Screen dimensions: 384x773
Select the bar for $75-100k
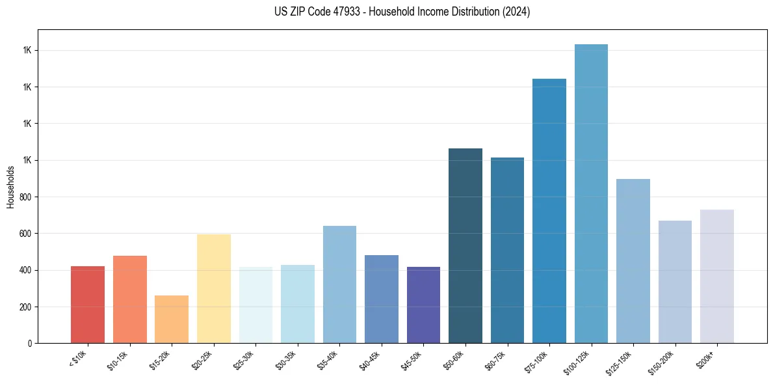tap(549, 211)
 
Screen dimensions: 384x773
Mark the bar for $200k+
tap(717, 276)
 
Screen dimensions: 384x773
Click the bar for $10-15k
tap(130, 299)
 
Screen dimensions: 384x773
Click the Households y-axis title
tap(10, 187)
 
